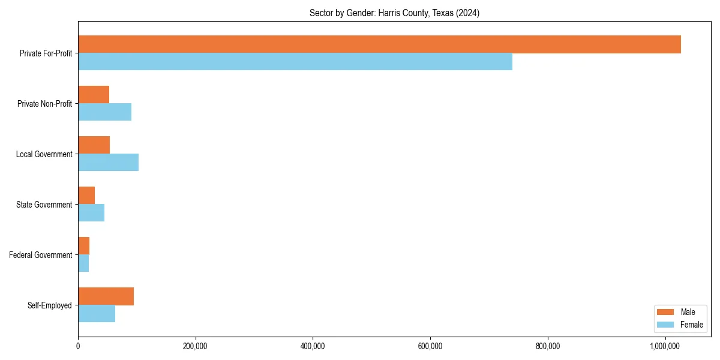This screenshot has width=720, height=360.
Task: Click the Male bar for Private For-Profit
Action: [x=379, y=44]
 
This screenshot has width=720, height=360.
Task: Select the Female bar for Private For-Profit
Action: [x=295, y=62]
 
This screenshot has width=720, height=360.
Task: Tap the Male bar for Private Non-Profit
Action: [x=94, y=95]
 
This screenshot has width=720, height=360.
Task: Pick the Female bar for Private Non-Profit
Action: [x=104, y=112]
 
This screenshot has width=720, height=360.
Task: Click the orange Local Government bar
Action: [x=94, y=145]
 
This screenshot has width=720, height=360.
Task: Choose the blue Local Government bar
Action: [x=108, y=163]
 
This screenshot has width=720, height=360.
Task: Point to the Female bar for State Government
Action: [x=91, y=213]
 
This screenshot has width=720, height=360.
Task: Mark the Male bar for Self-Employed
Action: [x=106, y=296]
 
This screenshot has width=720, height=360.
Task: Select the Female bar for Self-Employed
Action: [x=97, y=314]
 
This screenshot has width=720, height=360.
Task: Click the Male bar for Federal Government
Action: [x=84, y=246]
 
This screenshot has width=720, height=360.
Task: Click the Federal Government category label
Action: [x=41, y=255]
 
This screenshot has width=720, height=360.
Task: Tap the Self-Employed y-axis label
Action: [x=50, y=305]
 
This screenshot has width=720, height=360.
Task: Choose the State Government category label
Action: [x=44, y=205]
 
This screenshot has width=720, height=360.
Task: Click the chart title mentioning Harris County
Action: [x=394, y=13]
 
